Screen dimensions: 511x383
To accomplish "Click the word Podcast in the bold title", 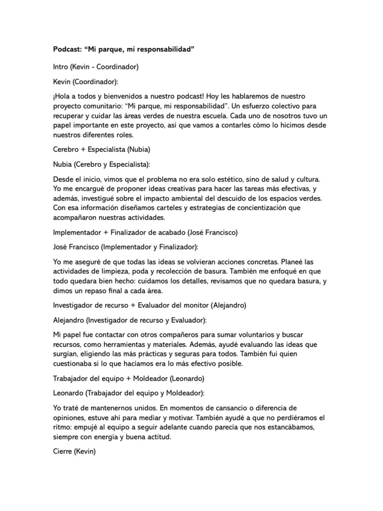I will [68, 50].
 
